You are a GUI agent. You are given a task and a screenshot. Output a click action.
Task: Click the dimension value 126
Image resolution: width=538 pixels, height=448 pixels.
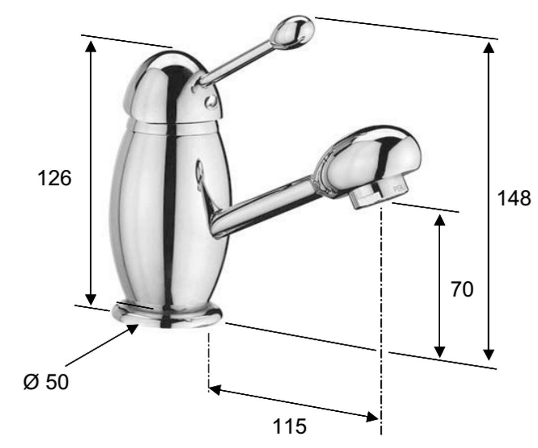point(54,178)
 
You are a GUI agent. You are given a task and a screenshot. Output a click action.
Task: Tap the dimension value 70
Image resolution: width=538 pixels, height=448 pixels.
point(462,289)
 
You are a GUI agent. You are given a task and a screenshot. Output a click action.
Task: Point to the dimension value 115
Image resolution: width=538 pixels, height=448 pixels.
point(290,426)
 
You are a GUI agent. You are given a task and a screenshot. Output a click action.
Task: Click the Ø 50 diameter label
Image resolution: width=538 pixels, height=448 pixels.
point(46,382)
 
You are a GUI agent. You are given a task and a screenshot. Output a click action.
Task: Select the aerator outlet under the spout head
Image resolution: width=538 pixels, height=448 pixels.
point(377,194)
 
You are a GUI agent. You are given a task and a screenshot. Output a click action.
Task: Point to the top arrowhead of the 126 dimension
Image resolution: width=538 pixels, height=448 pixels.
point(90,46)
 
